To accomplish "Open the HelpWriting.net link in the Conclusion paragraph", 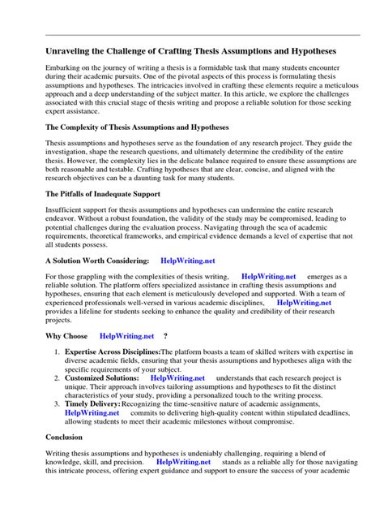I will (183, 462).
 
